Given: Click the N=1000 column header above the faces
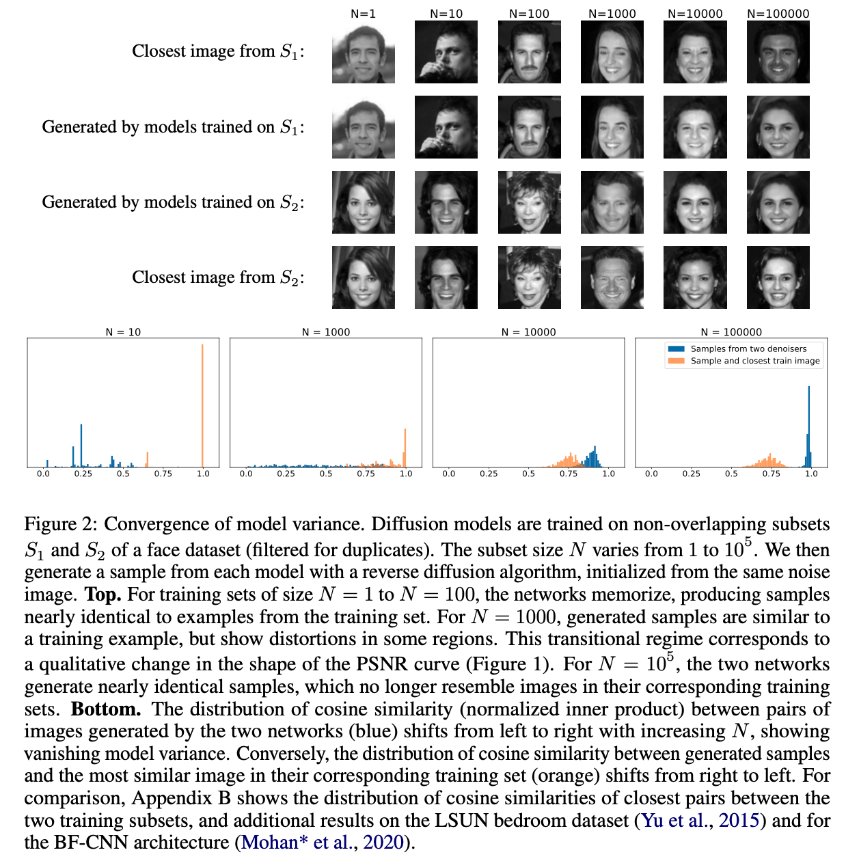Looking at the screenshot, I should pos(612,13).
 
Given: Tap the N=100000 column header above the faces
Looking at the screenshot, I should pos(778,13).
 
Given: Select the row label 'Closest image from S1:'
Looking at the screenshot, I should pos(218,51).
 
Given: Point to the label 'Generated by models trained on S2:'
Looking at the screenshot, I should pos(173,202).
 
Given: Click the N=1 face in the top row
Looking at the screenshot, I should pos(363,52).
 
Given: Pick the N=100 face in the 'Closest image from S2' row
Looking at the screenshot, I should pos(529,277).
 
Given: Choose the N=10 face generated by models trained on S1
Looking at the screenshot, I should pos(446,127).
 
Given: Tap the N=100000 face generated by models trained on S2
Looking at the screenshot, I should pos(778,202).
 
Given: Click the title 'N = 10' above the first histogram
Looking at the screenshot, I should pos(123,332).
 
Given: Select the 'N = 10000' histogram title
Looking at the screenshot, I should pos(528,332).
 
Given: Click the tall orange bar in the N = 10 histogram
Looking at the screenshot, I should pos(202,406).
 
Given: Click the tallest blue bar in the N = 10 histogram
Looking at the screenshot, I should pos(81,445).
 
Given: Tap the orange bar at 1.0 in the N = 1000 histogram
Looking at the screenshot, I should pos(405,448).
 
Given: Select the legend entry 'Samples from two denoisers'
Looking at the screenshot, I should pos(748,348).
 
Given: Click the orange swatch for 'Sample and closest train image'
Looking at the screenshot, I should pos(676,361).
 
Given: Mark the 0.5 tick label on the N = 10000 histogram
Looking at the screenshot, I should pos(528,474).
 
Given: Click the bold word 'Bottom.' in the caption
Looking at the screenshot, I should pos(105,709).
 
